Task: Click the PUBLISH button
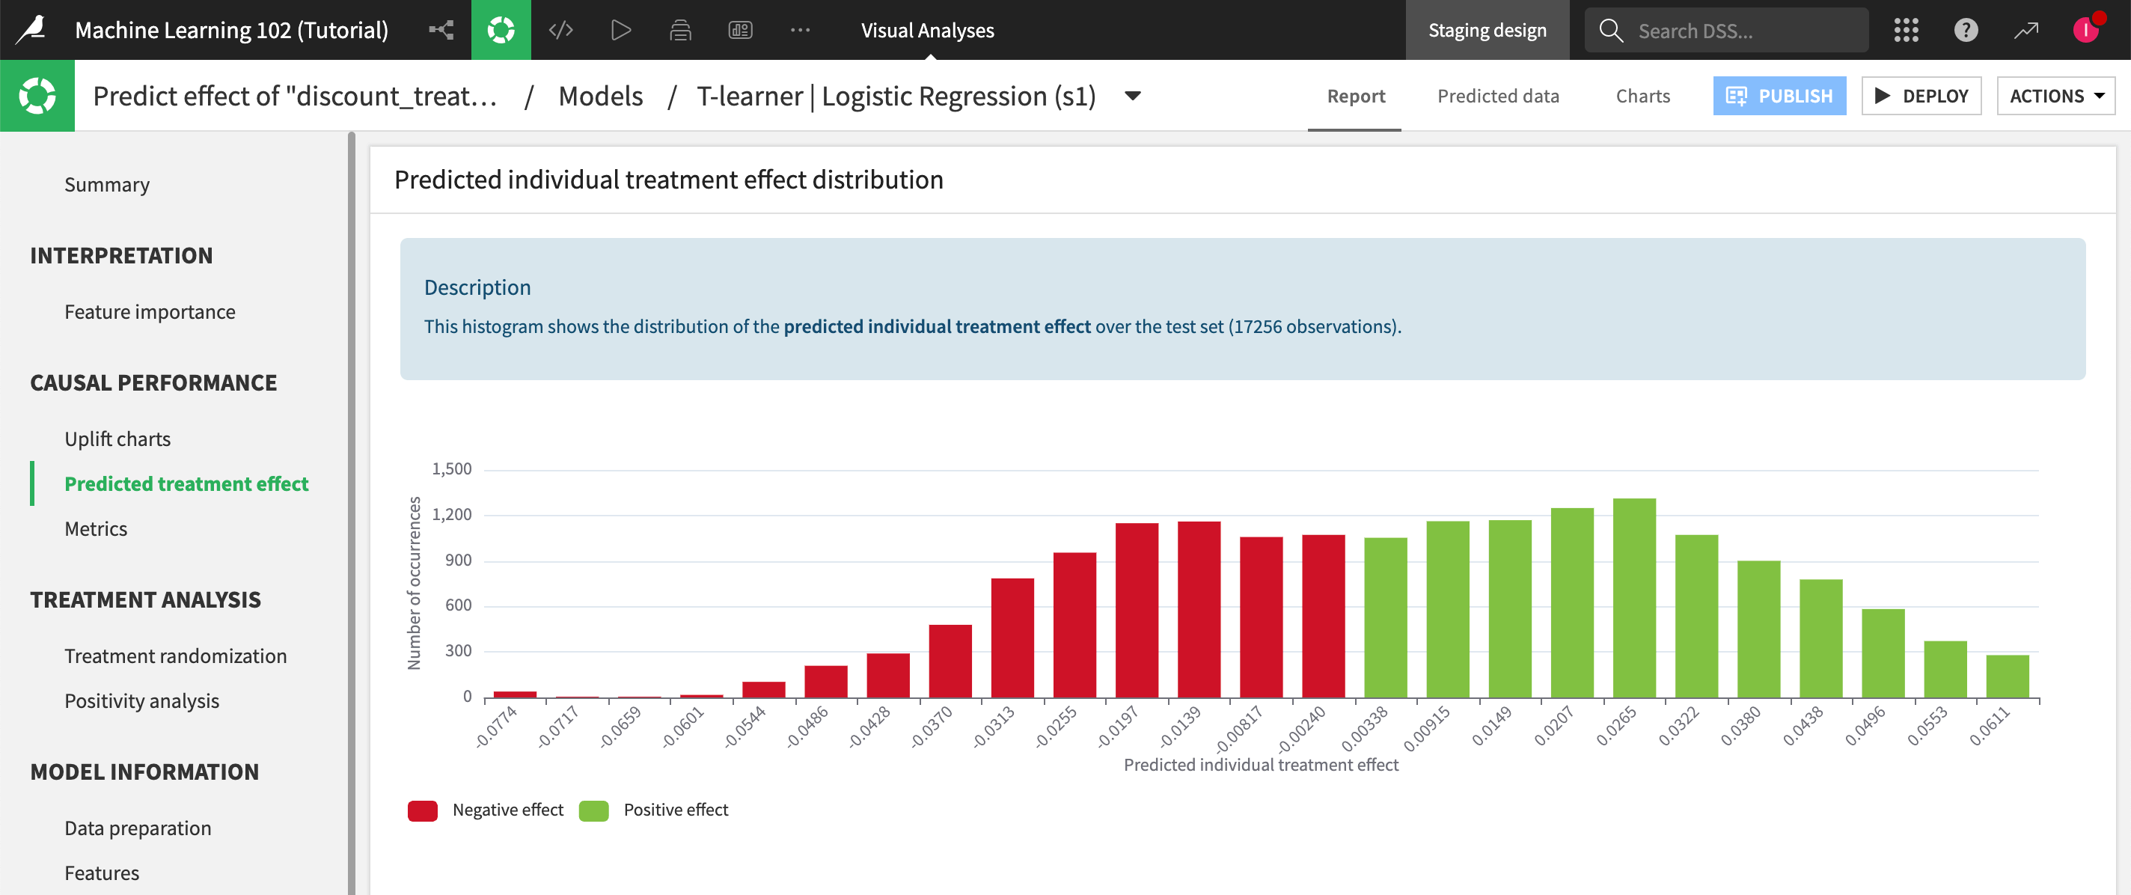[x=1779, y=96]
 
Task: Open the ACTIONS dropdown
[x=2055, y=96]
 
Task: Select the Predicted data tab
[x=1497, y=96]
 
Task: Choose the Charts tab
[x=1642, y=96]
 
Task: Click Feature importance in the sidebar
[x=150, y=312]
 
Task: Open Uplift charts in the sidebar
[x=117, y=439]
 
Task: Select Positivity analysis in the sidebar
[x=141, y=700]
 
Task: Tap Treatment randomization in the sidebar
[x=175, y=656]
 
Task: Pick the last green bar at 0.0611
[x=2007, y=676]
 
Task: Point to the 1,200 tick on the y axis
[x=452, y=515]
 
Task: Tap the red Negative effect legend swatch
[x=423, y=810]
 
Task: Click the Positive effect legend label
[x=675, y=810]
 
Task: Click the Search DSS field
[x=1737, y=31]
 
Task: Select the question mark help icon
[x=1966, y=31]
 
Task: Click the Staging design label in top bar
[x=1487, y=31]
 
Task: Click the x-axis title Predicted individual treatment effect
[x=1260, y=765]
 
